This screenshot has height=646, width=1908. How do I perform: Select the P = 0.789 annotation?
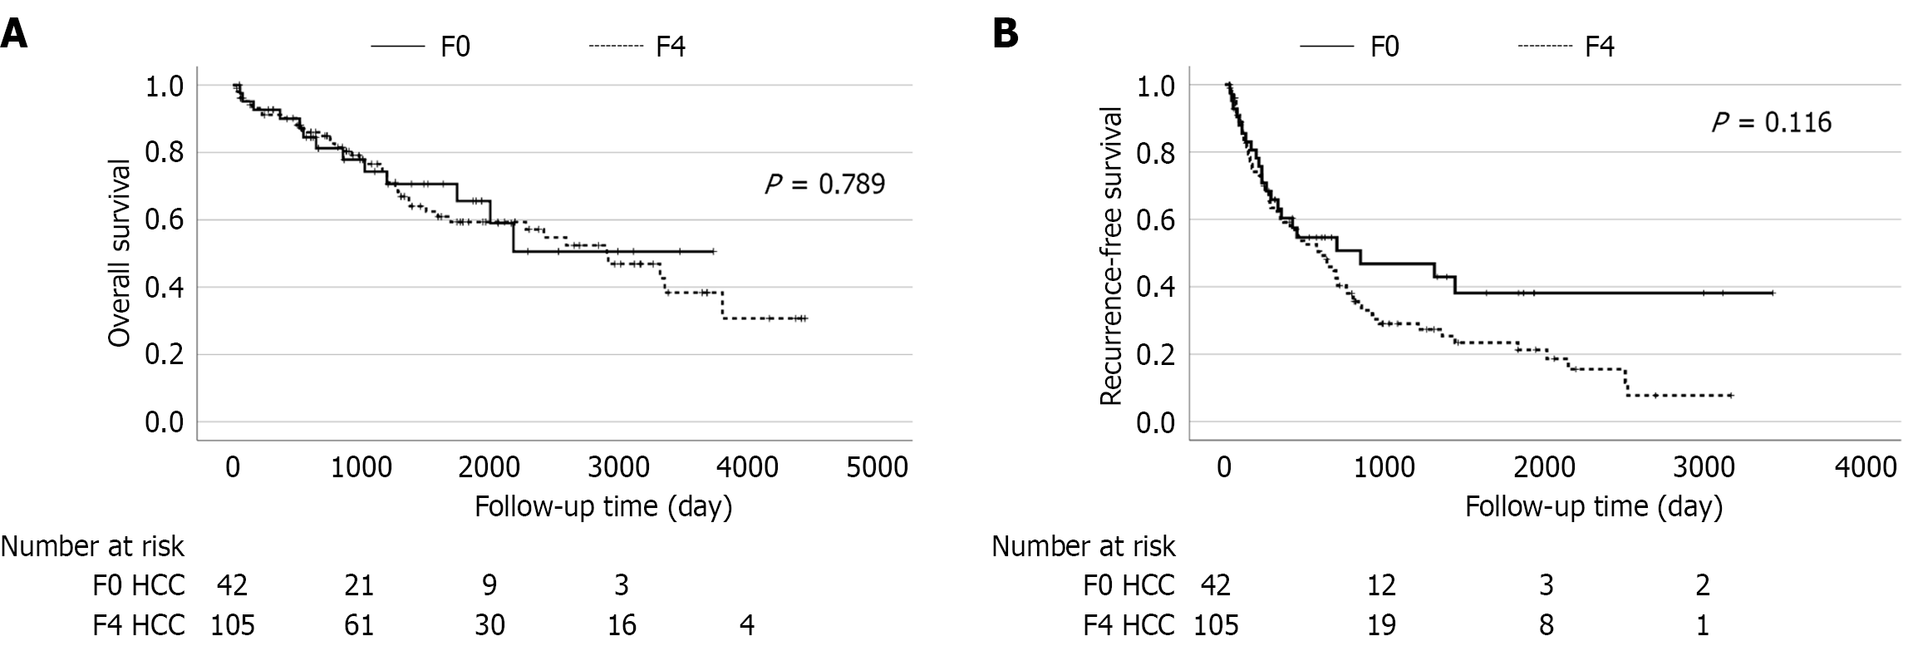pyautogui.click(x=824, y=183)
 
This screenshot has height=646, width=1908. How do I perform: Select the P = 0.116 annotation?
pyautogui.click(x=1771, y=122)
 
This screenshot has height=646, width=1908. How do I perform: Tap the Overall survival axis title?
pyautogui.click(x=120, y=253)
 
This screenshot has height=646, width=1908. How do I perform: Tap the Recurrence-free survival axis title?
pyautogui.click(x=1110, y=255)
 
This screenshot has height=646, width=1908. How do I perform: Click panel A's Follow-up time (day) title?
pyautogui.click(x=603, y=506)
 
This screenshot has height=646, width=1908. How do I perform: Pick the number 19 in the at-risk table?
pyautogui.click(x=1382, y=624)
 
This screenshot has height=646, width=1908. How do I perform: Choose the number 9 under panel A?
pyautogui.click(x=489, y=586)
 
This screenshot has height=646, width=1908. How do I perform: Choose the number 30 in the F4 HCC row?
pyautogui.click(x=489, y=624)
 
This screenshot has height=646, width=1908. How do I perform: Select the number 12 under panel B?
pyautogui.click(x=1382, y=586)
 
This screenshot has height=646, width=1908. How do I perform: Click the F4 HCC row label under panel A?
pyautogui.click(x=138, y=624)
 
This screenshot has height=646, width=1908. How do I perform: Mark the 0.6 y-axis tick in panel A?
pyautogui.click(x=165, y=220)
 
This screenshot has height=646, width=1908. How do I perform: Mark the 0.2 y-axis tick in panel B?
pyautogui.click(x=1157, y=355)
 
